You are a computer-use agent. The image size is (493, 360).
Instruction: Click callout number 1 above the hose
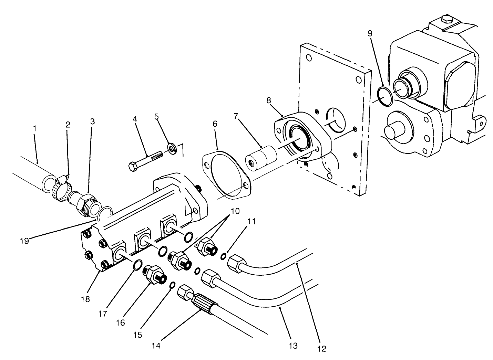(x=34, y=128)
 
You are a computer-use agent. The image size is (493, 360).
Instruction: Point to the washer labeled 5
(x=172, y=148)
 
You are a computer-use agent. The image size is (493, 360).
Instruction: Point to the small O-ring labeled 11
(x=224, y=256)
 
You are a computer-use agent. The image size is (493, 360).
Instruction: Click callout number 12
(x=321, y=348)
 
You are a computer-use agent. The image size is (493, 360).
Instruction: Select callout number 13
(x=293, y=346)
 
